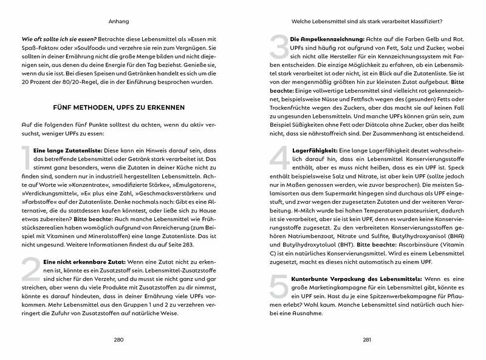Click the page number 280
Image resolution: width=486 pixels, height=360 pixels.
119,340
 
